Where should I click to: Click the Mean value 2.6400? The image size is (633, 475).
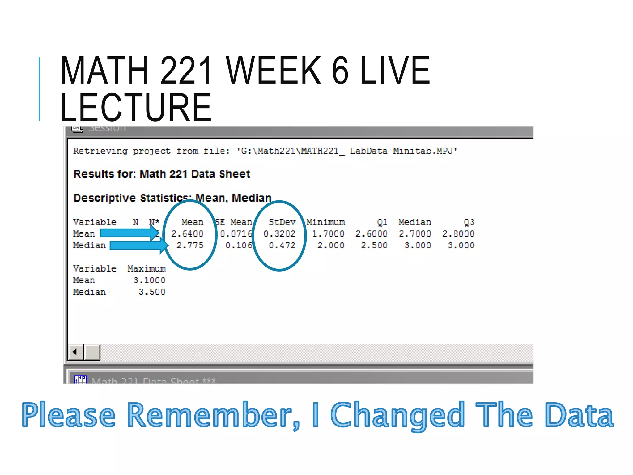point(187,234)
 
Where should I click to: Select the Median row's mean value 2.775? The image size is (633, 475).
point(190,246)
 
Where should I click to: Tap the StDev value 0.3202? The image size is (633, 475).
point(279,234)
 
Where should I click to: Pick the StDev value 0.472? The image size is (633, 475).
point(282,246)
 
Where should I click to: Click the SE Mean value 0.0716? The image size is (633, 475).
point(236,234)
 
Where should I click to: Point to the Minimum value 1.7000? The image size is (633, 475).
point(328,234)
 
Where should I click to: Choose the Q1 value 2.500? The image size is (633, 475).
point(374,246)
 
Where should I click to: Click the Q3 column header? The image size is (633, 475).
point(469,222)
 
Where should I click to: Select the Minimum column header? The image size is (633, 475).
point(325,222)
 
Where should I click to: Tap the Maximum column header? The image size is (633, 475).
point(146,269)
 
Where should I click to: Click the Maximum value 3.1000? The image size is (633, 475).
point(149,280)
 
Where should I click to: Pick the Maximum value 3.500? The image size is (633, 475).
point(152,292)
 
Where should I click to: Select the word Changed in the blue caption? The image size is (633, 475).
point(397,415)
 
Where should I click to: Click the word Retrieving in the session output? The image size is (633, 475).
point(100,151)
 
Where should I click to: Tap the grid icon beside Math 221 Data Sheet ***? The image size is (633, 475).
point(80,380)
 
